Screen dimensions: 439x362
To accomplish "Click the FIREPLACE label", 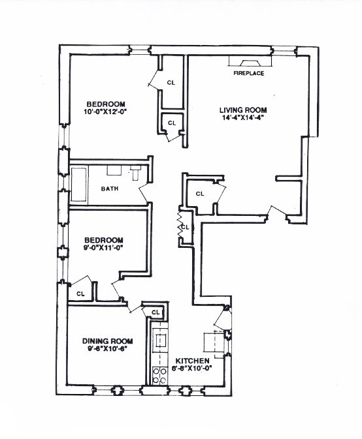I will tap(248, 74).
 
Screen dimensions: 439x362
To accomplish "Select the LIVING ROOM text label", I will tap(244, 110).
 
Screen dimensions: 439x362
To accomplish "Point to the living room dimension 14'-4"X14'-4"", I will tap(244, 118).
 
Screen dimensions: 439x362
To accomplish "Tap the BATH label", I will tap(109, 189).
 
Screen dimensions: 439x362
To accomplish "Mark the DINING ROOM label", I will tap(108, 341).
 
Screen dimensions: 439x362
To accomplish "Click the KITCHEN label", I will tap(192, 361).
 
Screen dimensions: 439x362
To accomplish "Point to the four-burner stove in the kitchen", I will tap(159, 374).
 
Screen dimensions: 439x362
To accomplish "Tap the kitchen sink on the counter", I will tap(160, 341).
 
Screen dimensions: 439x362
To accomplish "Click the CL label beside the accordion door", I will tap(185, 227).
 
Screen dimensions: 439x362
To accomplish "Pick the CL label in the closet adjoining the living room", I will tap(200, 194).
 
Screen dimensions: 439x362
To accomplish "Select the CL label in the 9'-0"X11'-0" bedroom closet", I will tap(80, 294).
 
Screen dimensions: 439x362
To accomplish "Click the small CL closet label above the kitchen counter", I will tap(156, 313).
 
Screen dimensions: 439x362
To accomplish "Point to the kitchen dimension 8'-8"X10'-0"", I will tap(192, 369).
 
